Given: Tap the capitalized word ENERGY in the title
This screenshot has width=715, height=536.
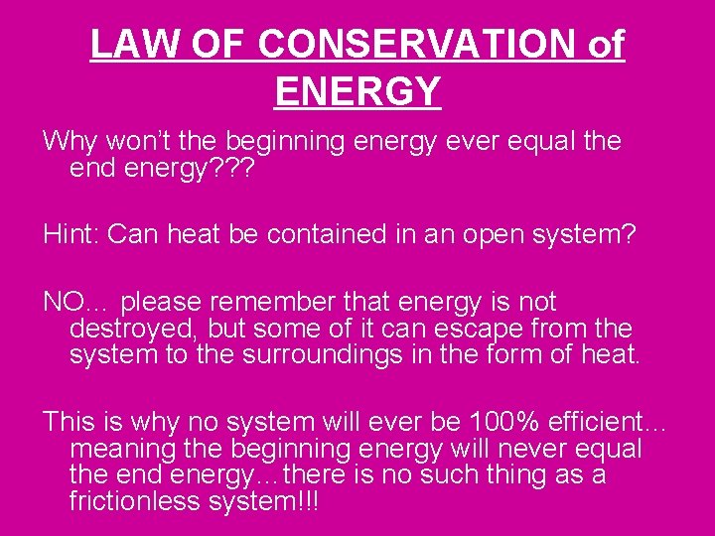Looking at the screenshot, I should [x=357, y=90].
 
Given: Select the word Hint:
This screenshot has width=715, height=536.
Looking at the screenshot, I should [x=71, y=234].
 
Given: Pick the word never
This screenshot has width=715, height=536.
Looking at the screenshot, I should [x=522, y=449].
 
